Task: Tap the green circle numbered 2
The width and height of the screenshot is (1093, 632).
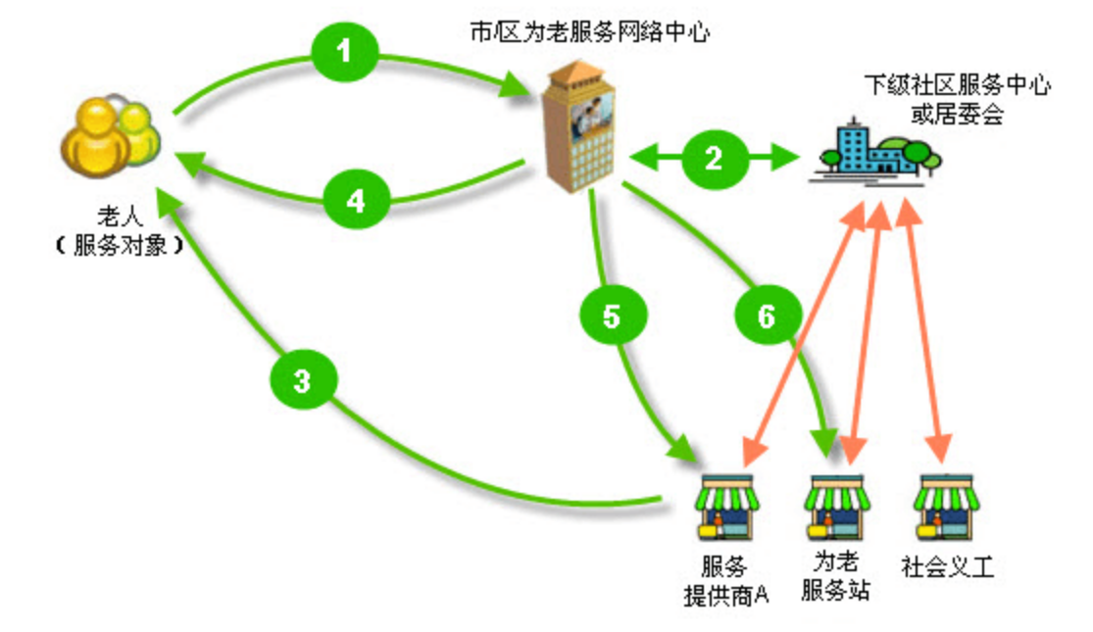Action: coord(714,158)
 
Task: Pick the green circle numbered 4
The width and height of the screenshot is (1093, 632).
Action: coord(356,201)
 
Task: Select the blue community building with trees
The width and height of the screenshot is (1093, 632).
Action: coord(874,152)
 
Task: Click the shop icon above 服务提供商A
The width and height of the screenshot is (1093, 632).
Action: coord(726,506)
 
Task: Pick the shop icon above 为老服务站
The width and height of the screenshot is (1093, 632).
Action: coord(834,506)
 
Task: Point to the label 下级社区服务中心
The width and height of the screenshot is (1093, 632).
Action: coord(956,86)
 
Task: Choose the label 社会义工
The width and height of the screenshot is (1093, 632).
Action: coord(947,567)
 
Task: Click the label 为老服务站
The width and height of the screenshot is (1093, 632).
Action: coord(835,577)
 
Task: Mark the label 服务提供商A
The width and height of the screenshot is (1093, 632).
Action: coord(726,581)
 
